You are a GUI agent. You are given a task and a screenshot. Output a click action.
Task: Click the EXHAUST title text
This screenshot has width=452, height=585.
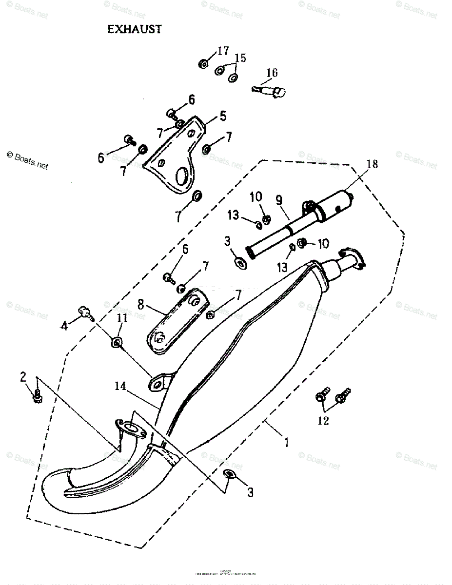tap(134, 29)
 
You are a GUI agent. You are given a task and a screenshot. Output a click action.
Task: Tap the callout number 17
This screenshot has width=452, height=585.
tap(223, 51)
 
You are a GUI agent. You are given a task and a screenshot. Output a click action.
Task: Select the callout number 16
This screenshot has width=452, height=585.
tap(272, 73)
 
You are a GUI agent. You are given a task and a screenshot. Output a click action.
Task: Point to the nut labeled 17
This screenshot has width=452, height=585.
tap(203, 63)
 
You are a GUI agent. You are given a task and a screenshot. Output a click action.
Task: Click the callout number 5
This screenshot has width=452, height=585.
tap(222, 116)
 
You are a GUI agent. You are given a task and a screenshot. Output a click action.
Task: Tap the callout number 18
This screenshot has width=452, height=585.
tap(372, 164)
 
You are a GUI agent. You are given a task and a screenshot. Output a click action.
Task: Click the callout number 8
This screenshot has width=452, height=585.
tap(141, 305)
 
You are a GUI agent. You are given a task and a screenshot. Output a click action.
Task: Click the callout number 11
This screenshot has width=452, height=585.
tap(122, 318)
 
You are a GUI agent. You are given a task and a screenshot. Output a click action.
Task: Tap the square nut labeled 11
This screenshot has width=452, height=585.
tap(117, 343)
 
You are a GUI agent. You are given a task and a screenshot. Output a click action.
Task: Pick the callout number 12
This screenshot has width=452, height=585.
tap(323, 420)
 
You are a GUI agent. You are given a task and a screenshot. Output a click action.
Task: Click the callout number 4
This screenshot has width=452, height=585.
tap(64, 326)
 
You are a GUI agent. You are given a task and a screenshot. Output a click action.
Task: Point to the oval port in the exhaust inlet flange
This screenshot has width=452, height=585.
tap(131, 429)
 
